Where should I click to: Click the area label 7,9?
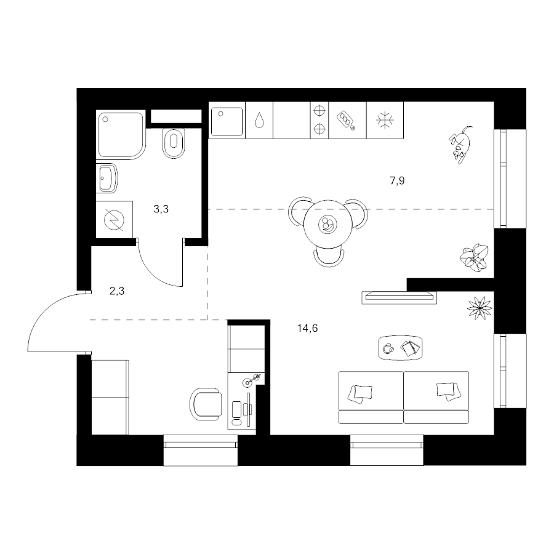tap(397, 181)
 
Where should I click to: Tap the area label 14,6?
tap(307, 329)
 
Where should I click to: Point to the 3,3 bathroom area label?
tap(161, 209)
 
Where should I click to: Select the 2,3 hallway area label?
tap(117, 292)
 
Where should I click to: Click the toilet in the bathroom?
tap(174, 142)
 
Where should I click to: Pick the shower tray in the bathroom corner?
tap(121, 135)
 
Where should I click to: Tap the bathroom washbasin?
tap(106, 178)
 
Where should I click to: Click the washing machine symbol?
tap(114, 220)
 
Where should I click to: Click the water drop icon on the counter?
tap(259, 120)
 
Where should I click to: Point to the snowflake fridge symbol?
tap(385, 120)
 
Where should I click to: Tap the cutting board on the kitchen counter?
tap(346, 121)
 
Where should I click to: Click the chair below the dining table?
tap(329, 257)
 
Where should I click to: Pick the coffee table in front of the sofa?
tap(400, 348)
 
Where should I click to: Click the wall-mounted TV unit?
tap(399, 297)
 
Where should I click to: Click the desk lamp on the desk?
tap(252, 380)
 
